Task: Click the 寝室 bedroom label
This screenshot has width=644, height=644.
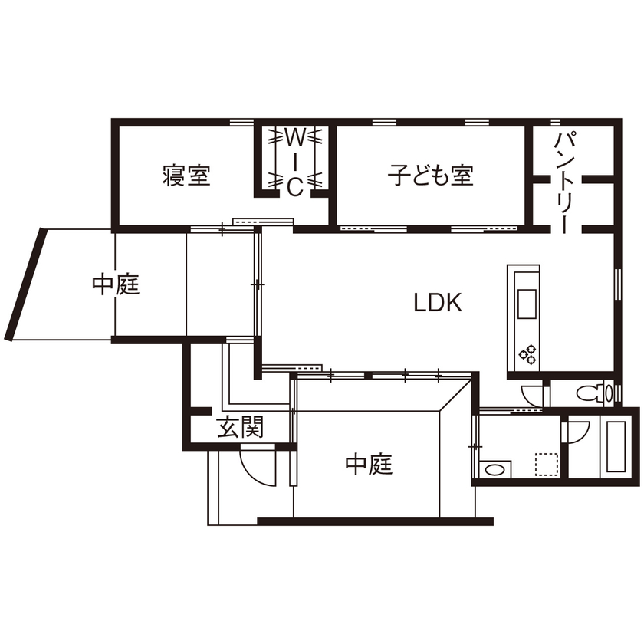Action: [186, 176]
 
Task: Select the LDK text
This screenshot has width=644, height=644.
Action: [438, 303]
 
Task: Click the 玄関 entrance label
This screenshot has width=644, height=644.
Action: [240, 427]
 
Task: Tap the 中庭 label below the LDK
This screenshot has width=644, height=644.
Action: [369, 464]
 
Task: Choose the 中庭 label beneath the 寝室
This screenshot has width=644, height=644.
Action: [116, 284]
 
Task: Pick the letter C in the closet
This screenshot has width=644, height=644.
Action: [294, 186]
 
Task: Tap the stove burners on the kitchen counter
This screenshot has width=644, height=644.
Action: [528, 353]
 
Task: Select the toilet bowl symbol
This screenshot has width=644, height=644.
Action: [589, 394]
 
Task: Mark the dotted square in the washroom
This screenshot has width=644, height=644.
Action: [546, 465]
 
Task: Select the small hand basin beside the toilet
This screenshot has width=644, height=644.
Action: [609, 394]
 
